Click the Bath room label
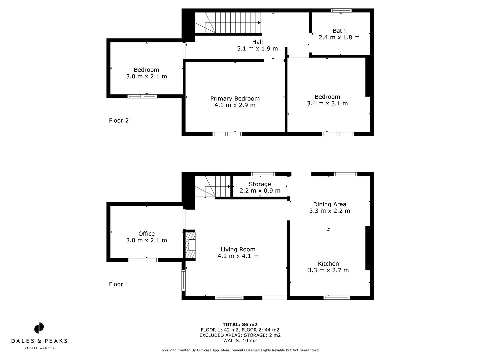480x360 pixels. click(339, 31)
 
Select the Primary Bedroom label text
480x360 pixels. click(235, 99)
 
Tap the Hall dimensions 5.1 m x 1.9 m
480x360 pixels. click(257, 49)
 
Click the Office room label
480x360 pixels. click(146, 234)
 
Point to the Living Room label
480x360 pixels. click(238, 249)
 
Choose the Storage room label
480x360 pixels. click(260, 184)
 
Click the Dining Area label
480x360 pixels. click(329, 204)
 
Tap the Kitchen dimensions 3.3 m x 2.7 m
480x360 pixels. click(328, 270)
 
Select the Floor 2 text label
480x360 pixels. click(119, 121)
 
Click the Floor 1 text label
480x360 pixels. click(119, 284)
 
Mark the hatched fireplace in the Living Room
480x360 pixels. click(191, 245)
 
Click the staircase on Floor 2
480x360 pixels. click(230, 23)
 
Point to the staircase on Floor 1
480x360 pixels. click(213, 187)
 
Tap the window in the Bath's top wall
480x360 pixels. click(341, 11)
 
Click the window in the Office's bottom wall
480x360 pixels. click(143, 260)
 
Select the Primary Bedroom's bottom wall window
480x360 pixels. click(227, 134)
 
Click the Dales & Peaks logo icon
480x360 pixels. click(39, 328)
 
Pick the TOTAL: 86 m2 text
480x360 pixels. click(240, 324)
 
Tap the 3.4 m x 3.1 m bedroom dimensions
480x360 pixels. click(327, 104)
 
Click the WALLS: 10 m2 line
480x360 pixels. click(240, 341)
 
